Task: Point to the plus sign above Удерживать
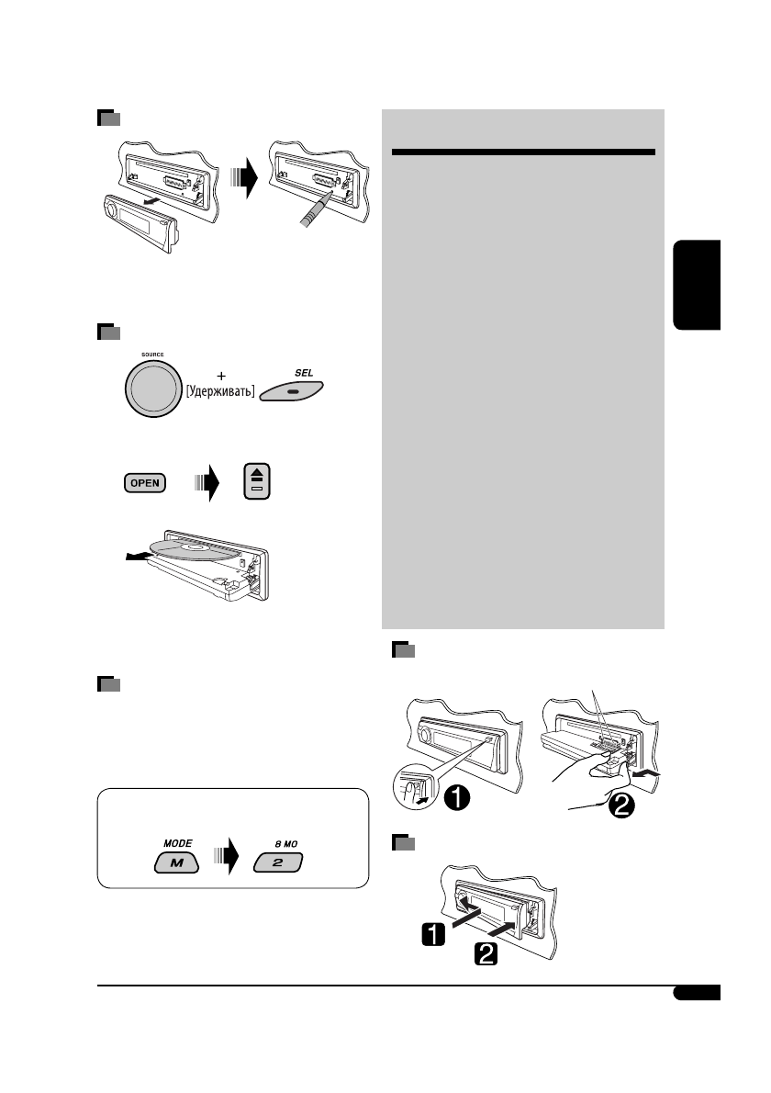point(221,376)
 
